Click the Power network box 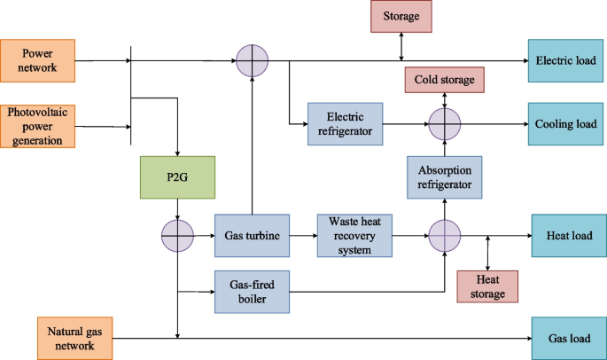pos(39,60)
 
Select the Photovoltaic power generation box pos(39,124)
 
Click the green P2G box pos(177,176)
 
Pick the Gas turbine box pos(253,236)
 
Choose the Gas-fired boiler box pos(253,290)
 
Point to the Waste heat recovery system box pos(354,236)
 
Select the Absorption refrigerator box pos(444,176)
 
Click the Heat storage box pos(487,286)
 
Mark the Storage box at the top pos(402,17)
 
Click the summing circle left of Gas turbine pos(177,236)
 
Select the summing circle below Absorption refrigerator pos(445,236)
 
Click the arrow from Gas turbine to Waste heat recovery pos(303,236)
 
